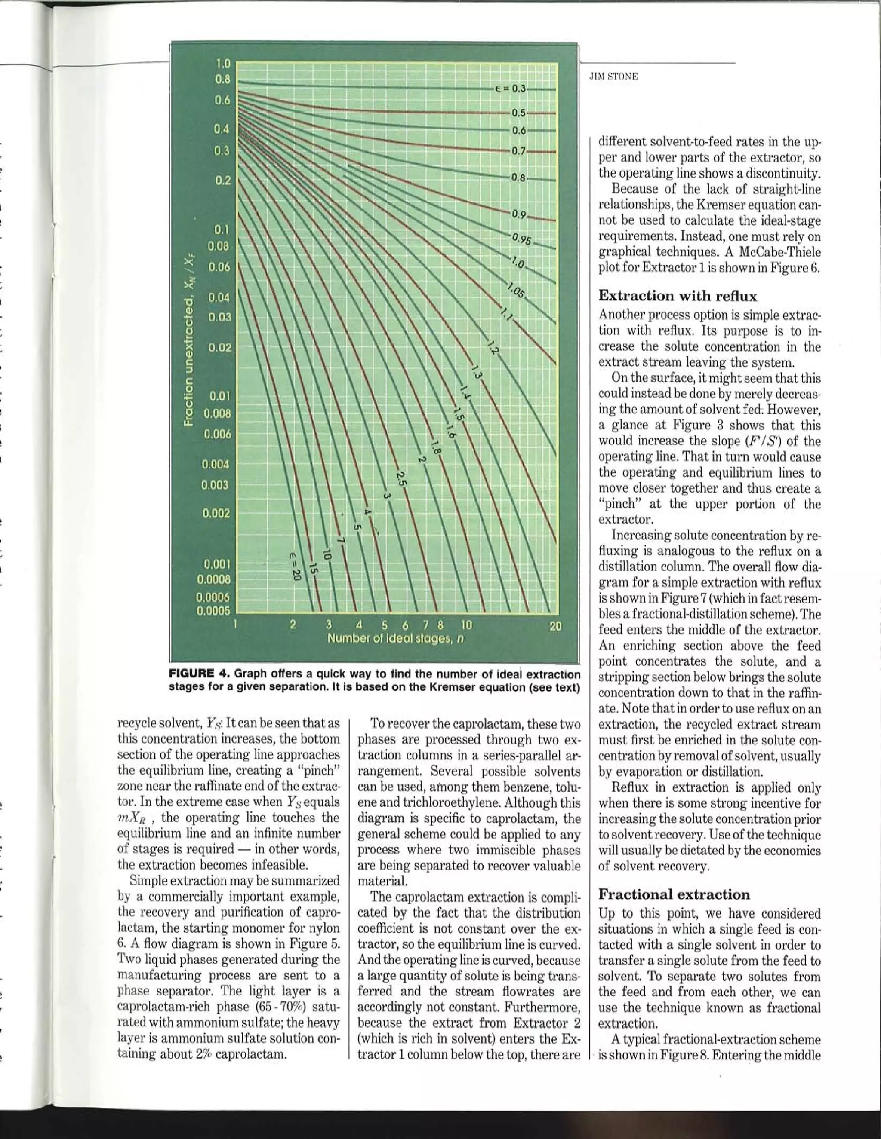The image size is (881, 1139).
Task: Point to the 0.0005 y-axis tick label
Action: [213, 611]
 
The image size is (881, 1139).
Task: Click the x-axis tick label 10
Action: [465, 625]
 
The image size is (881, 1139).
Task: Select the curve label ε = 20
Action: [296, 565]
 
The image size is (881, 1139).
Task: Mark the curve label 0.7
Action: [519, 151]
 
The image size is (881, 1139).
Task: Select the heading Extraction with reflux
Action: [677, 296]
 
